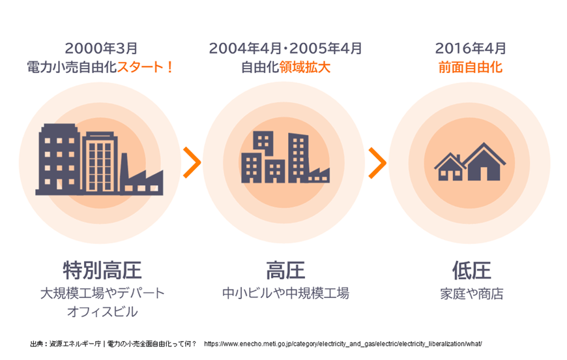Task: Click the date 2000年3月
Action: pyautogui.click(x=101, y=48)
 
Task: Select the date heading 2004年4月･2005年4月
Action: pyautogui.click(x=285, y=48)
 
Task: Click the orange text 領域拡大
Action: pyautogui.click(x=304, y=67)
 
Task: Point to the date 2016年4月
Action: pyautogui.click(x=470, y=48)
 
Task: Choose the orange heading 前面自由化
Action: pyautogui.click(x=470, y=67)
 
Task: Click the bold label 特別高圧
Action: pyautogui.click(x=102, y=270)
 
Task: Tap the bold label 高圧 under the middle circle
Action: pyautogui.click(x=285, y=270)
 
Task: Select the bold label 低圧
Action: pyautogui.click(x=472, y=270)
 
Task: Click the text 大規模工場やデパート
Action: pyautogui.click(x=102, y=293)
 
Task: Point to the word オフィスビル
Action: pyautogui.click(x=102, y=312)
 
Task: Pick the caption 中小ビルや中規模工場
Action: pyautogui.click(x=285, y=293)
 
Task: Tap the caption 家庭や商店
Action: pyautogui.click(x=472, y=293)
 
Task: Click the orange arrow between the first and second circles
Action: pyautogui.click(x=192, y=162)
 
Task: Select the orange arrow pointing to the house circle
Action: pyautogui.click(x=377, y=162)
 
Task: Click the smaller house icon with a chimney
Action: pyautogui.click(x=450, y=167)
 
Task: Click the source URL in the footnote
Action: pyautogui.click(x=343, y=344)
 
